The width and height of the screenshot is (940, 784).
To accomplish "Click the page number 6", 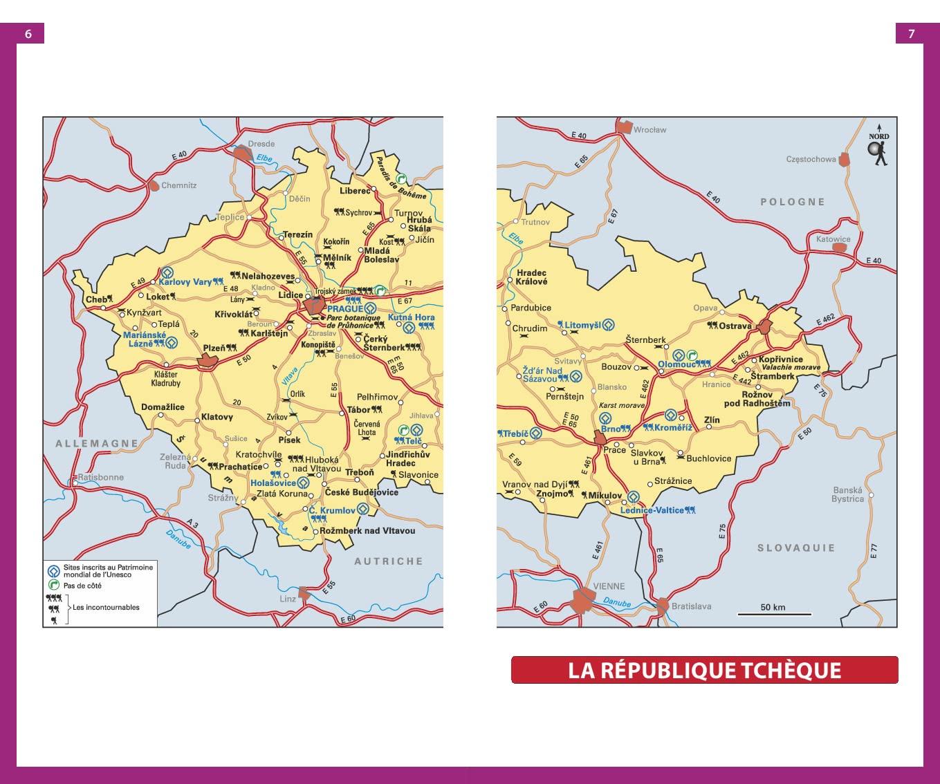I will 28,34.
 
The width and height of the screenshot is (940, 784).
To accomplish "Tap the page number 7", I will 911,34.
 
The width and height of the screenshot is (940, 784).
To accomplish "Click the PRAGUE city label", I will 344,308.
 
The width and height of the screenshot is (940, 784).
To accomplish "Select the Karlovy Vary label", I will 185,281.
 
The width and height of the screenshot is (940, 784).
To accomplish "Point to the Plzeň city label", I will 214,348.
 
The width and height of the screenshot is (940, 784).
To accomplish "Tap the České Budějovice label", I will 361,492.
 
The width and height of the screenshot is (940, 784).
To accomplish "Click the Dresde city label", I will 261,144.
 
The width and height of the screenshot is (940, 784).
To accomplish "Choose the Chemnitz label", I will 178,185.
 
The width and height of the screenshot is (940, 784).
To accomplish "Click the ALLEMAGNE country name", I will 97,443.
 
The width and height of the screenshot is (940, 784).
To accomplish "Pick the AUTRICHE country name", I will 388,561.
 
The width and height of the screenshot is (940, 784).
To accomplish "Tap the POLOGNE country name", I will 792,202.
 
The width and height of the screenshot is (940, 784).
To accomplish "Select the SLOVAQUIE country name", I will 795,548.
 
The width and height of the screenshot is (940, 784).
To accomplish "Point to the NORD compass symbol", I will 878,145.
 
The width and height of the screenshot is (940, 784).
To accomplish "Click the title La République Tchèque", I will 704,670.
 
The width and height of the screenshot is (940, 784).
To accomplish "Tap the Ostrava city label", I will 735,326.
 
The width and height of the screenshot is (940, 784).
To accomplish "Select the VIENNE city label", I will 609,586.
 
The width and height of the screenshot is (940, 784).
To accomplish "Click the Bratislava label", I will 691,606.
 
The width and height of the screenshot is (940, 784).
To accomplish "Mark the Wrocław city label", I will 649,129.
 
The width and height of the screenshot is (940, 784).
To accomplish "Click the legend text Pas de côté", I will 82,586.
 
